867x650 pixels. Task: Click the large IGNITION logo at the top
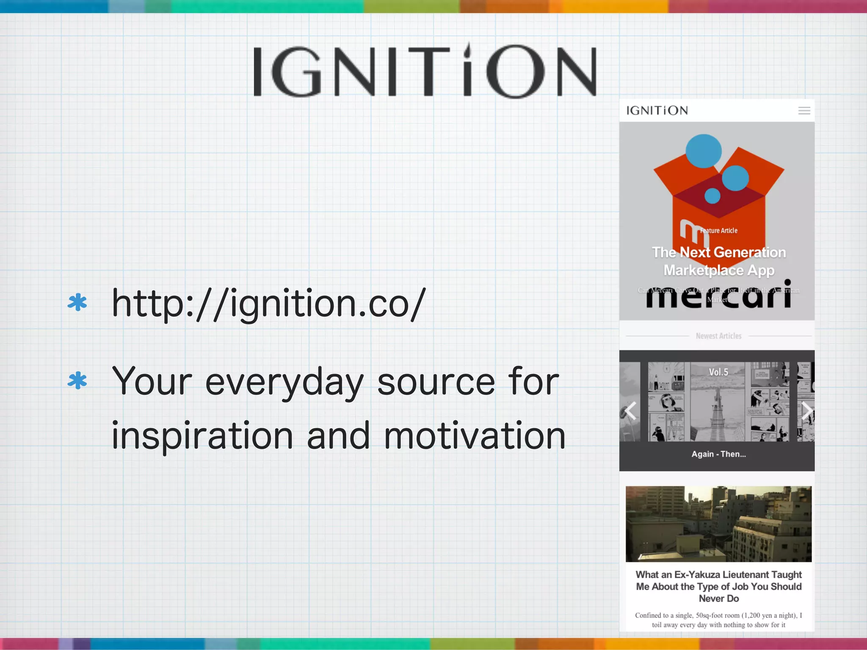425,71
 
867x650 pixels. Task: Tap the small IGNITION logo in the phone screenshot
657,110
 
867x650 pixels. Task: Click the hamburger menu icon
804,111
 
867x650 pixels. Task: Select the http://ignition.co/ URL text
268,303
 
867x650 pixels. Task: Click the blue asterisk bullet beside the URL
77,303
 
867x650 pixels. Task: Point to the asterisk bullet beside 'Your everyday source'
77,380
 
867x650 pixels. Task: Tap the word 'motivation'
475,436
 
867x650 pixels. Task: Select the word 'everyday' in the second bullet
284,382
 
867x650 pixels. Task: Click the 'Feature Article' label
718,231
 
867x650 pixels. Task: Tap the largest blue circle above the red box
703,151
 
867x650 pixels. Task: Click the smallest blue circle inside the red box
712,196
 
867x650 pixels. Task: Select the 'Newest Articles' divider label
718,336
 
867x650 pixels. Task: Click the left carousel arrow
631,410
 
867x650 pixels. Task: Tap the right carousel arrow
807,410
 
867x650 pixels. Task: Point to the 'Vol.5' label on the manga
718,372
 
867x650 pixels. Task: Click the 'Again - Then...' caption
718,454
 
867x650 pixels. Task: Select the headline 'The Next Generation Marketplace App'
719,261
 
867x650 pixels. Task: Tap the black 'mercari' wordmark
718,296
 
